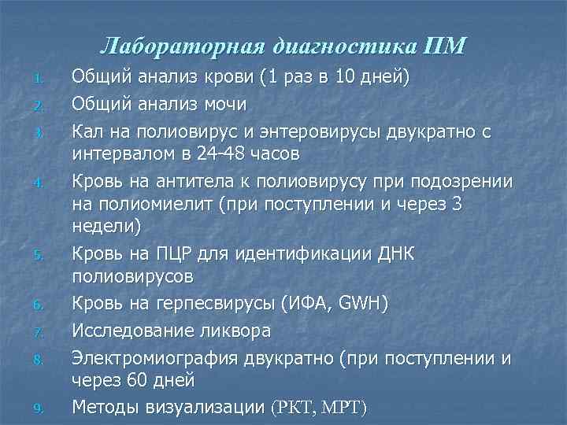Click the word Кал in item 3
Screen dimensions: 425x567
click(x=87, y=131)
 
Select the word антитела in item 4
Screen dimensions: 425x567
click(x=202, y=182)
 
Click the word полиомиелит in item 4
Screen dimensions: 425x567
click(x=150, y=205)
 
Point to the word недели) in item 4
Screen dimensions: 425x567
click(x=107, y=227)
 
